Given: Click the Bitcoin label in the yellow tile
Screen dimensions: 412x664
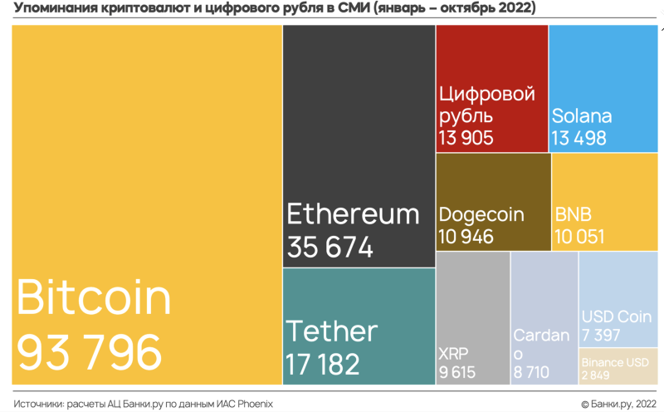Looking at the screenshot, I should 94,297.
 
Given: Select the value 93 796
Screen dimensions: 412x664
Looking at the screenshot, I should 90,351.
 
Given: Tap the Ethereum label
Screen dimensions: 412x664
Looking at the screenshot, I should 353,213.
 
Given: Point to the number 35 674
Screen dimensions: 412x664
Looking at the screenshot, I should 330,247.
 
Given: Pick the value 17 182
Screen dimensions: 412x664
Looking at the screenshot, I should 323,364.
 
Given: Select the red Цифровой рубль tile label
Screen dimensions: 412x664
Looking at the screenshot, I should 486,105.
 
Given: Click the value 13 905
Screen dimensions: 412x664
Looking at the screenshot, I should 466,138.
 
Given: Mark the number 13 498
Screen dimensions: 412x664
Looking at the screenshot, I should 579,138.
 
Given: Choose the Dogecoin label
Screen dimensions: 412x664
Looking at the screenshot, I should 481,214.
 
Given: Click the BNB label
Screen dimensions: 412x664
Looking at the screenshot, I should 573,214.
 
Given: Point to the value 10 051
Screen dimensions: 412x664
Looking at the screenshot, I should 579,236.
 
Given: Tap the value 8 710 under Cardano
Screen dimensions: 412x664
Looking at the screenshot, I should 531,372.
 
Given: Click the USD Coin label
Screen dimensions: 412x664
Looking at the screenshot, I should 615,317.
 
